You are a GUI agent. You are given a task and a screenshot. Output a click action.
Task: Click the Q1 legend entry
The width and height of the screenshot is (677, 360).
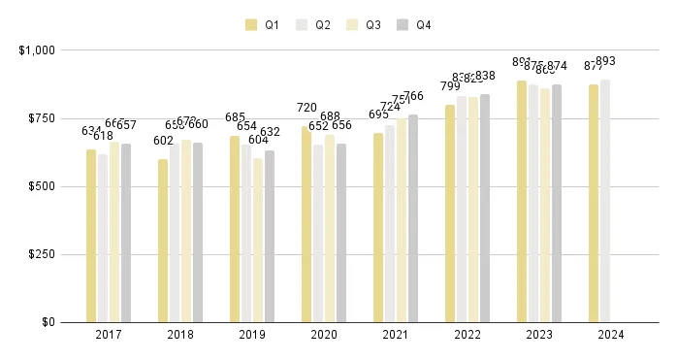click(x=264, y=25)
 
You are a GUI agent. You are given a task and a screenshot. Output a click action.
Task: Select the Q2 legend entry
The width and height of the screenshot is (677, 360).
click(x=314, y=25)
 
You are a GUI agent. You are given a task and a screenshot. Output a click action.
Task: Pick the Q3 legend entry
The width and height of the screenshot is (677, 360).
click(x=365, y=25)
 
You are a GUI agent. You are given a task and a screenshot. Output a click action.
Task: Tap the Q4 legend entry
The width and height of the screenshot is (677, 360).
click(x=415, y=25)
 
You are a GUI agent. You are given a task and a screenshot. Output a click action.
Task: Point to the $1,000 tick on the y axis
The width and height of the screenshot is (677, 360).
click(x=37, y=49)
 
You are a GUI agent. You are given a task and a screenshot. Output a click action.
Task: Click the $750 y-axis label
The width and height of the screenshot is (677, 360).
click(x=41, y=118)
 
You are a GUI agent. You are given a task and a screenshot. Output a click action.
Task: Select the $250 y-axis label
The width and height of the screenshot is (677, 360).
click(x=41, y=254)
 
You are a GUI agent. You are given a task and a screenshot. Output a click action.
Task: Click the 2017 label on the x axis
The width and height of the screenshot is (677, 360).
click(x=109, y=335)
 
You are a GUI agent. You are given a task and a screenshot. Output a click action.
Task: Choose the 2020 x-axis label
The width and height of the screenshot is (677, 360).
click(x=324, y=335)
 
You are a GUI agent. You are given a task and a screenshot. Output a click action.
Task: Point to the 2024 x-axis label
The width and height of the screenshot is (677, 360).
click(x=611, y=335)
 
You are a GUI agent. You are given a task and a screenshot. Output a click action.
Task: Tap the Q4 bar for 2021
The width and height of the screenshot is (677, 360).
click(x=413, y=218)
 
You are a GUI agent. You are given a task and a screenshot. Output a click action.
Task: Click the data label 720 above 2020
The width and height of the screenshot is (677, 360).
click(x=306, y=109)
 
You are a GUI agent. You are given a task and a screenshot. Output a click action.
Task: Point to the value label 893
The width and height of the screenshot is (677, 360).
click(x=605, y=61)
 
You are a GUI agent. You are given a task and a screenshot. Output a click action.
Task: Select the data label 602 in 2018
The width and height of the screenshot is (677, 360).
click(x=163, y=141)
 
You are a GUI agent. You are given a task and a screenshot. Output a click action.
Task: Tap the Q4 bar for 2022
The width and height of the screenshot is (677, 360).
click(x=485, y=209)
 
